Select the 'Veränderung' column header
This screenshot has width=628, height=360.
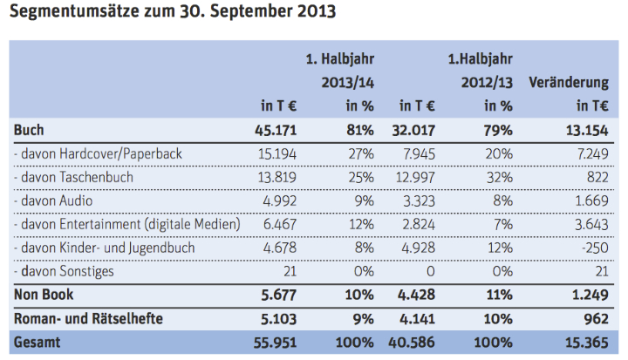coord(568,83)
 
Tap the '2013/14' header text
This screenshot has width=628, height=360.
coord(340,83)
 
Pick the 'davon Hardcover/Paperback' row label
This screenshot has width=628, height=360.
coord(99,153)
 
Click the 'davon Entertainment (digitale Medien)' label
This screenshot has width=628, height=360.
coord(126,224)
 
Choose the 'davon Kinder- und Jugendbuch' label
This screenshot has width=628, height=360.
coord(105,248)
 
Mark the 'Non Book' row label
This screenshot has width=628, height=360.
coord(41,295)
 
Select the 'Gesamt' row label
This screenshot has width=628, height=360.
coord(37,342)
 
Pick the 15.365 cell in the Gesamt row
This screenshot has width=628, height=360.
coord(586,342)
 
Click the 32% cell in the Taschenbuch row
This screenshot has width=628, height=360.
coord(498,177)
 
